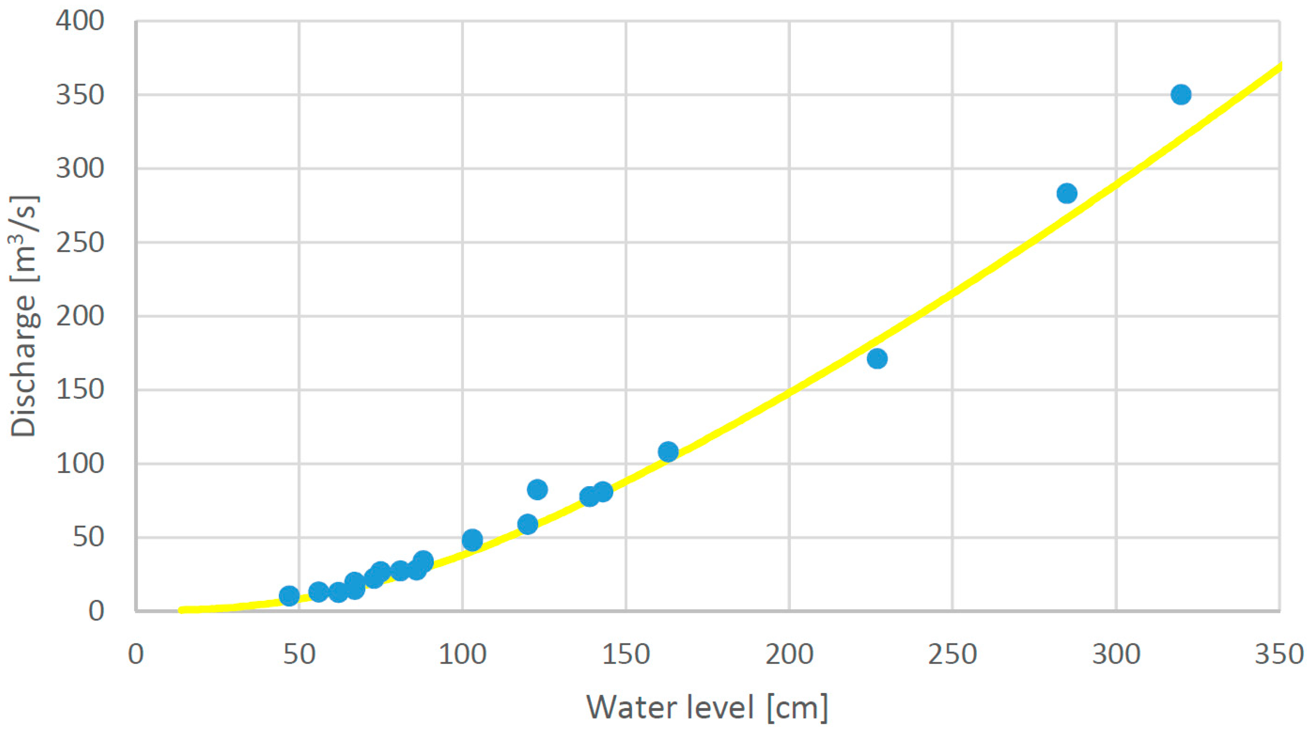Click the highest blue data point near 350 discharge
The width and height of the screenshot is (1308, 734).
[x=1181, y=94]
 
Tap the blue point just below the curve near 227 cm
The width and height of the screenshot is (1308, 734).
[x=877, y=359]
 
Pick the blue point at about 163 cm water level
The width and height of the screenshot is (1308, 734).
[x=668, y=451]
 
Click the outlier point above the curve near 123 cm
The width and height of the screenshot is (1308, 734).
[x=537, y=489]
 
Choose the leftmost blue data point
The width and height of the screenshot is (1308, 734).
[x=289, y=596]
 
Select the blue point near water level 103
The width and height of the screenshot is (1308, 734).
[x=472, y=540]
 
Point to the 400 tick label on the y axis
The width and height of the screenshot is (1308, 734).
[x=80, y=21]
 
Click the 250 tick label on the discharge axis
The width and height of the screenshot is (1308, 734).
[x=80, y=242]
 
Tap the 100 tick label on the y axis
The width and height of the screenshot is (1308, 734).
[x=80, y=464]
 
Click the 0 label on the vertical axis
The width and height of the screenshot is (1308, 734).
[x=96, y=611]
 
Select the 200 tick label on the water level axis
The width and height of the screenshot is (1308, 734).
[x=789, y=655]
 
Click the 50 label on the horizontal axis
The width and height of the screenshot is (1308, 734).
[x=299, y=655]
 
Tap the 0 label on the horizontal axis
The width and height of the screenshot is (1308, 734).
[x=136, y=655]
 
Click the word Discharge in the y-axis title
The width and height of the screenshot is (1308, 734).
[x=24, y=365]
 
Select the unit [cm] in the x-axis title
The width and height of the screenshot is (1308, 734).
[x=797, y=707]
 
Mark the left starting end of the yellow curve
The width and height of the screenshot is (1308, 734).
[x=182, y=610]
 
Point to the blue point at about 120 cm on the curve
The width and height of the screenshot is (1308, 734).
[x=528, y=524]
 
